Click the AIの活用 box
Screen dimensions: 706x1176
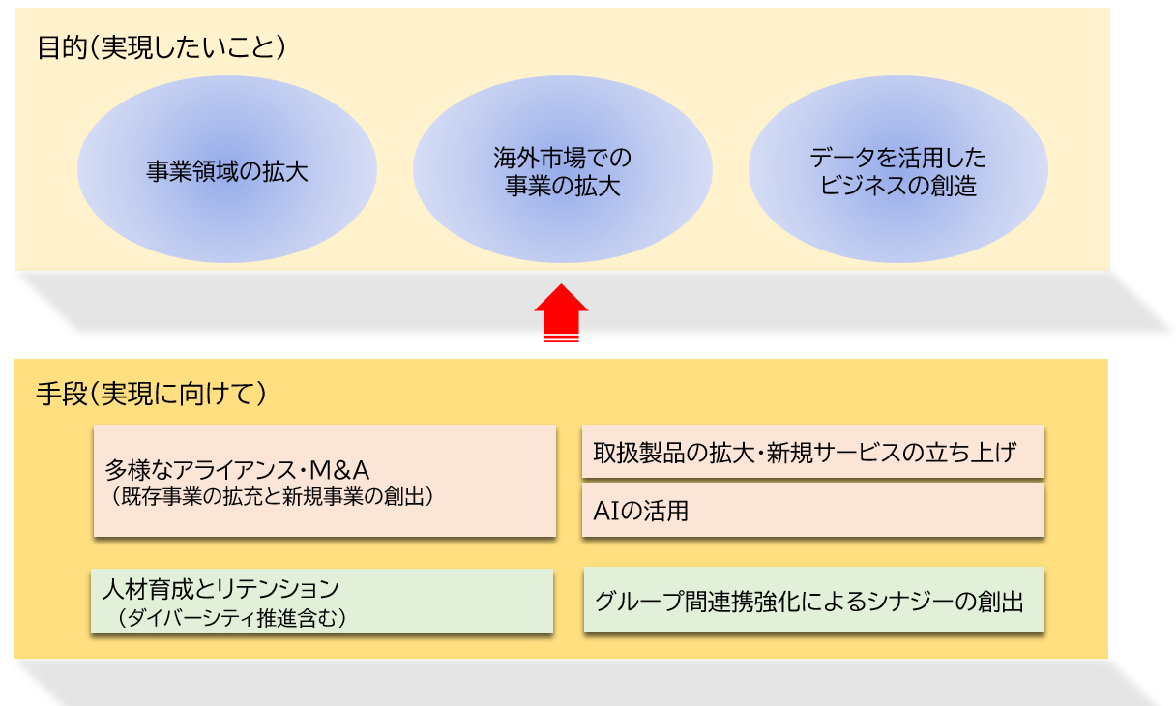tap(812, 511)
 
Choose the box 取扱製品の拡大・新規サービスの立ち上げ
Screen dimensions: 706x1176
tap(812, 452)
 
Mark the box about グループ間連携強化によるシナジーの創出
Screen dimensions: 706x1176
tap(813, 601)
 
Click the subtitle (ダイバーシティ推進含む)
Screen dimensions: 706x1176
tap(231, 617)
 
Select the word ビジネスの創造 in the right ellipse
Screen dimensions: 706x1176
tap(898, 186)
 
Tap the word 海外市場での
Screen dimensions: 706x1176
tap(562, 158)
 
